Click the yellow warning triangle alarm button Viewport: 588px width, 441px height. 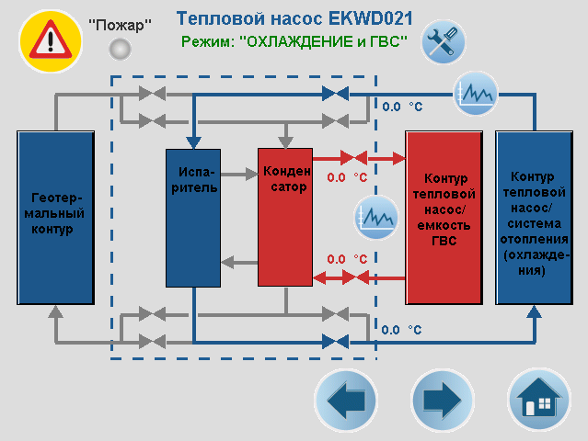[x=51, y=40]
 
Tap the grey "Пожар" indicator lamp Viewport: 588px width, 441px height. [x=119, y=49]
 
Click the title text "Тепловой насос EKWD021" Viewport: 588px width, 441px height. [x=294, y=18]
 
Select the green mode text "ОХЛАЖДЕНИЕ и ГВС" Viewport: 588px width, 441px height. [x=294, y=41]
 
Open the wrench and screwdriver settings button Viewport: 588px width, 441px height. [x=444, y=41]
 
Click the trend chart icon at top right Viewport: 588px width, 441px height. [x=476, y=93]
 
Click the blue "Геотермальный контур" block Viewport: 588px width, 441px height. [x=56, y=217]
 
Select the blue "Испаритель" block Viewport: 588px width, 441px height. [x=193, y=217]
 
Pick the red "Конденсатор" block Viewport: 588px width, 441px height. [x=285, y=217]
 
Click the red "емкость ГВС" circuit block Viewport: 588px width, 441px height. [x=444, y=217]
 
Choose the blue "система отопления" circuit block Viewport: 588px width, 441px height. [x=534, y=217]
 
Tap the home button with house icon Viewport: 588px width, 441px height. [x=538, y=401]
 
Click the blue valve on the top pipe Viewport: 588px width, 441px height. [x=336, y=93]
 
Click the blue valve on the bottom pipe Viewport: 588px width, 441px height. [x=336, y=341]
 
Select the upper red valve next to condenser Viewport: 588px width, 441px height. [x=354, y=158]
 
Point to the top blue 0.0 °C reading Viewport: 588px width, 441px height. [x=402, y=107]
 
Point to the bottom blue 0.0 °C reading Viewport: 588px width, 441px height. [x=402, y=329]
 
